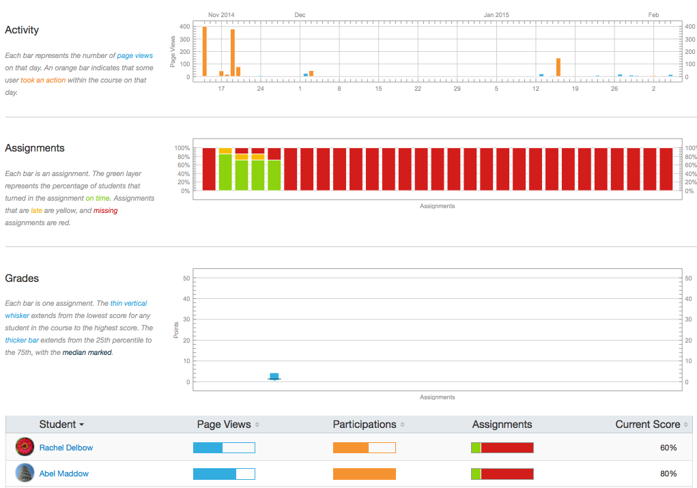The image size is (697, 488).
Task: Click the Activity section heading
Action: tap(22, 30)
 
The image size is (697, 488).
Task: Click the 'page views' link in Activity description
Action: tap(135, 55)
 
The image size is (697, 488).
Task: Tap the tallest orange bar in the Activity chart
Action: tap(204, 52)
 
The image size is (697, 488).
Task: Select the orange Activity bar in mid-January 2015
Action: tap(558, 68)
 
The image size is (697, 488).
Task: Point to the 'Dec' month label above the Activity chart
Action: tap(300, 14)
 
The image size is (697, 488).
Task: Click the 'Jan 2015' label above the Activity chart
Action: tap(496, 14)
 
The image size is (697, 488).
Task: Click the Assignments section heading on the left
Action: tap(35, 148)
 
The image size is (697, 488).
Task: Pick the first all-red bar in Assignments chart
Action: tap(209, 169)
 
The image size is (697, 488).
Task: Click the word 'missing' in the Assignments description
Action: tap(105, 210)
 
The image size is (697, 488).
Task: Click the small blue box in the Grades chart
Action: tap(274, 376)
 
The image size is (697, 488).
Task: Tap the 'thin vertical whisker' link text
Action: tap(128, 303)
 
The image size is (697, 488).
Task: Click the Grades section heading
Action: tap(22, 278)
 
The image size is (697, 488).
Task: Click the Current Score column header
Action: tap(647, 425)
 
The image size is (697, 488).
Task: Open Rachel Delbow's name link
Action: tap(66, 448)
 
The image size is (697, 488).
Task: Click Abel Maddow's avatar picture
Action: tap(25, 473)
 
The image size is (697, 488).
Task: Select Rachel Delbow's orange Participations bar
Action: tap(351, 448)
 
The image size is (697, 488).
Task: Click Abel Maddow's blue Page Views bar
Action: tap(214, 474)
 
